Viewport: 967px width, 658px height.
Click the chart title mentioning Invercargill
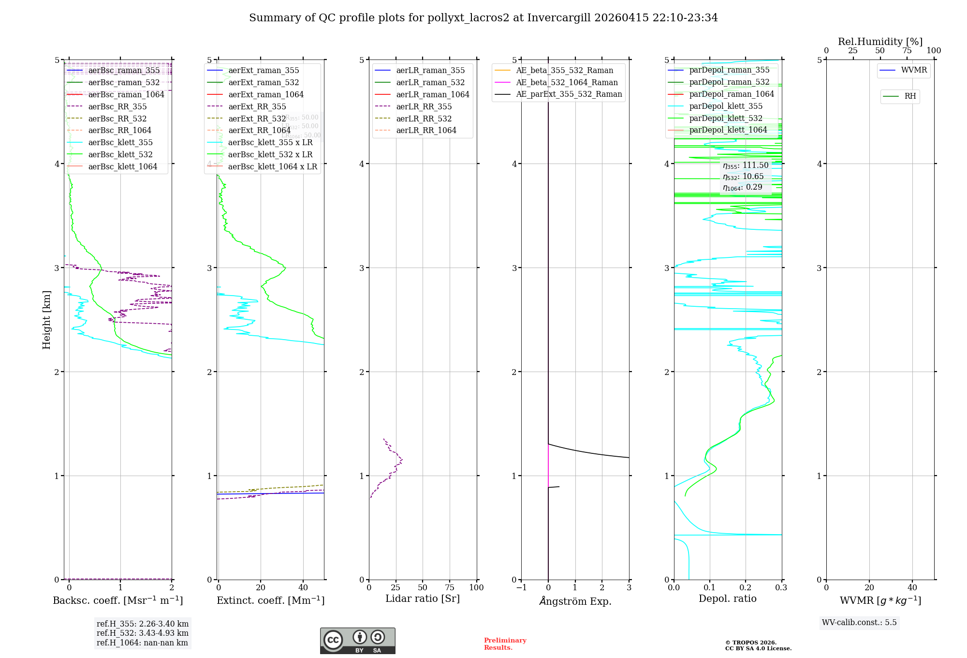pos(483,18)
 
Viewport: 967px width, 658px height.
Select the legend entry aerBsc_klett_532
pos(120,155)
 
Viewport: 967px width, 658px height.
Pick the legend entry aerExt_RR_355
pos(257,106)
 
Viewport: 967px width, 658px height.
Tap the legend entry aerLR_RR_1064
pos(426,131)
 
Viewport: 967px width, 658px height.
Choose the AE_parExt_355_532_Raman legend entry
pos(569,94)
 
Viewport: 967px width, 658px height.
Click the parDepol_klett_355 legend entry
pos(726,106)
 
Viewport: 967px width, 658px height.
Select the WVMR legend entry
pos(914,70)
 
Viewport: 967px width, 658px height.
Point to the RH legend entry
pos(910,96)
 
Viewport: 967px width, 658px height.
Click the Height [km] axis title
pos(46,319)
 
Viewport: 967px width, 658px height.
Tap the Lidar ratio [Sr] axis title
pos(422,599)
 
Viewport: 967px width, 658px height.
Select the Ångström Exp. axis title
pos(575,601)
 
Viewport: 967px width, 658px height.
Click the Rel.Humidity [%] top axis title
pos(880,42)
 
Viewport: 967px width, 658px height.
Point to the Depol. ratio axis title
pos(727,599)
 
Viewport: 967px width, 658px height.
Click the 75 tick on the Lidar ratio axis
pos(450,588)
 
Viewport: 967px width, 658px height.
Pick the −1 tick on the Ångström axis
pos(521,588)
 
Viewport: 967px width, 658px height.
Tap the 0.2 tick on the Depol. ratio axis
pos(746,588)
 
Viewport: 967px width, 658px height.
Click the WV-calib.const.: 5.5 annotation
pos(859,623)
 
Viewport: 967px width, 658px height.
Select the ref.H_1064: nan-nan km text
pos(142,643)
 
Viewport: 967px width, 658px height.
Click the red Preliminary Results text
pos(505,644)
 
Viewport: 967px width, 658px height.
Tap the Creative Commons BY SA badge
pos(357,641)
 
